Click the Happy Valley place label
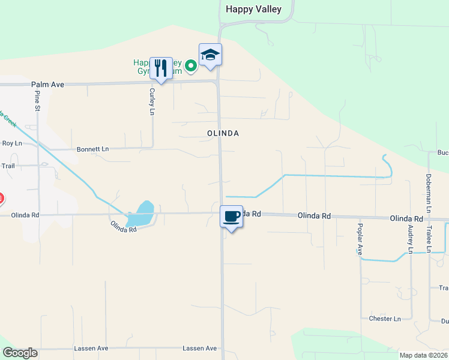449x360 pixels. pos(253,9)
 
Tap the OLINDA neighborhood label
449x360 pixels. pos(223,133)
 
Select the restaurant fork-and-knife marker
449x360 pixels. pos(160,68)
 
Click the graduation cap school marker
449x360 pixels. pos(210,55)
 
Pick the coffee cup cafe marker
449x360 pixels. pos(231,217)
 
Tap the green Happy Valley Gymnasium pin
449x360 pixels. pos(191,65)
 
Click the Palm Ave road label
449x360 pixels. pos(47,85)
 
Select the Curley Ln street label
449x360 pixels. pos(152,101)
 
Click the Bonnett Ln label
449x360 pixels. pos(93,149)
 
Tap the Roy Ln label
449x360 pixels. pos(11,143)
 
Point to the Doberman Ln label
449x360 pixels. pos(429,193)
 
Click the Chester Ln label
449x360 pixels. pos(385,319)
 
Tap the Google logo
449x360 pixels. pos(20,353)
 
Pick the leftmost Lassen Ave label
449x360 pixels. pos(91,348)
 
